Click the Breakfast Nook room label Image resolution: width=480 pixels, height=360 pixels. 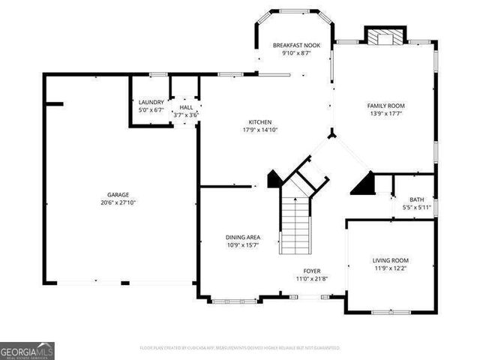click(296, 46)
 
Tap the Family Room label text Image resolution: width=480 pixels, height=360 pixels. click(385, 106)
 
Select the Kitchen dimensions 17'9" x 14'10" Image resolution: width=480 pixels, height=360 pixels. click(260, 130)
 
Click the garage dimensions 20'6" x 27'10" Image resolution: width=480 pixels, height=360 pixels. click(118, 202)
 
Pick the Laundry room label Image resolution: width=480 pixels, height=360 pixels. click(151, 102)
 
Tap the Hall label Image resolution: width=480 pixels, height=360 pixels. click(185, 107)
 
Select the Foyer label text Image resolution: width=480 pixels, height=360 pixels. click(312, 271)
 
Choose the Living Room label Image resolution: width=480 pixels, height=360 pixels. click(391, 260)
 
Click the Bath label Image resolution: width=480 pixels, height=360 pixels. click(415, 199)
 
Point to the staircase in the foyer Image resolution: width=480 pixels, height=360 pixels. click(295, 225)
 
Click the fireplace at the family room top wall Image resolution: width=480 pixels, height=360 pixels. click(385, 35)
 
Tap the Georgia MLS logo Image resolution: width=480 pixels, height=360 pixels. click(27, 351)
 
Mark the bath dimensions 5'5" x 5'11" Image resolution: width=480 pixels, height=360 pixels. click(415, 207)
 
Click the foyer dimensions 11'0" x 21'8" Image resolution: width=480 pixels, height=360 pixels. click(312, 279)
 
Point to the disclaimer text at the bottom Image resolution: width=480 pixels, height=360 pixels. click(240, 348)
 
